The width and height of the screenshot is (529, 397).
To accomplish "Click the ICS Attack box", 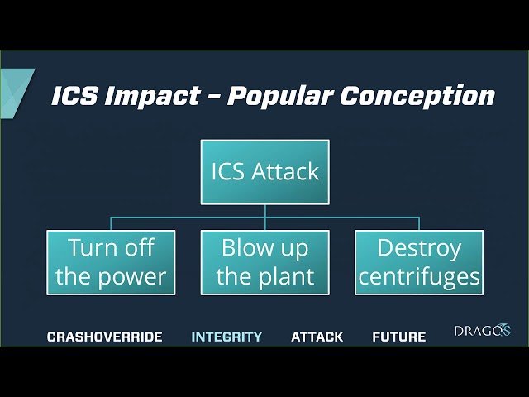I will coord(264,172).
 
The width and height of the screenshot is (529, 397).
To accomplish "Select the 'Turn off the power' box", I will coord(111,262).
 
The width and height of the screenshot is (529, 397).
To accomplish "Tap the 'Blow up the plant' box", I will coord(264,262).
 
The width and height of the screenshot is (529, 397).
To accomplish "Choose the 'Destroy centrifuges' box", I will coord(419,262).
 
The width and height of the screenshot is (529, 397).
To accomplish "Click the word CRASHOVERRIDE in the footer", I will coord(104,337).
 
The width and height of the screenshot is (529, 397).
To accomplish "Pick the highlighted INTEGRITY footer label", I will coord(226,337).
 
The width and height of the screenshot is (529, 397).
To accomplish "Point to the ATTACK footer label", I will coord(317,337).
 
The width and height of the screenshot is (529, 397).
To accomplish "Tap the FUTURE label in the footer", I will coord(398,337).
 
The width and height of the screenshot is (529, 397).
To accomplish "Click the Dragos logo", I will coord(482,331).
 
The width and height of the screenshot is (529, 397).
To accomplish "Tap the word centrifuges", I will coord(419,276).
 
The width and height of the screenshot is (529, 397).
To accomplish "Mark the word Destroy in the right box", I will coord(419,247).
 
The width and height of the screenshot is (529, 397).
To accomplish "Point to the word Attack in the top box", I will coord(286,172).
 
